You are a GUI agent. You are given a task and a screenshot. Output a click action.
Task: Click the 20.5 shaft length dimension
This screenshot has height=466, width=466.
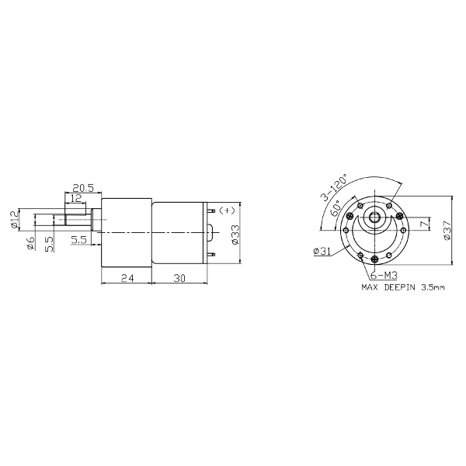[83, 188]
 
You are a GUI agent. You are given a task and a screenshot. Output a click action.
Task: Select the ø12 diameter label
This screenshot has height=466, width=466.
[14, 220]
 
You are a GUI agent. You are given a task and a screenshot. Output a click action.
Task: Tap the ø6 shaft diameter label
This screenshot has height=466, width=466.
[30, 243]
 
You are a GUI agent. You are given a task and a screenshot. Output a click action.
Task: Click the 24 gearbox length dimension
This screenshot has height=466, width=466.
[127, 278]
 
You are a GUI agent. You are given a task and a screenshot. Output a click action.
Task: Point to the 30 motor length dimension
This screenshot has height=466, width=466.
[179, 278]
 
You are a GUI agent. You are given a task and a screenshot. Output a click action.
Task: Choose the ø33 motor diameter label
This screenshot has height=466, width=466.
[235, 235]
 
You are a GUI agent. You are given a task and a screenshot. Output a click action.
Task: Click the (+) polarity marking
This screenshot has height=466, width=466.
[227, 210]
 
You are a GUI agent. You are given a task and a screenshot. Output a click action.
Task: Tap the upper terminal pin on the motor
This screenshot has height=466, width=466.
[211, 210]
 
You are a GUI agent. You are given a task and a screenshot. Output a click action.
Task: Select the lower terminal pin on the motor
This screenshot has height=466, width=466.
[211, 254]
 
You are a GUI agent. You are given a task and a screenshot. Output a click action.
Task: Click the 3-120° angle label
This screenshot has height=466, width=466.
[333, 187]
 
